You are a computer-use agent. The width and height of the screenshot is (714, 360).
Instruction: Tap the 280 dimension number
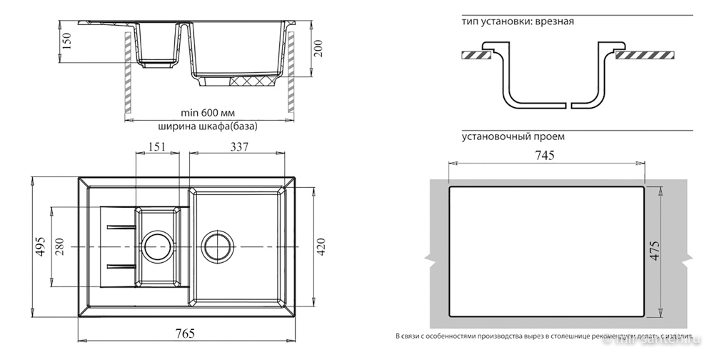point(59,246)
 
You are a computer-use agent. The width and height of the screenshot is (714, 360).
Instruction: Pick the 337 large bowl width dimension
point(238,147)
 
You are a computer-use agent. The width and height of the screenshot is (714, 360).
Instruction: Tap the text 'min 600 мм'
point(208,114)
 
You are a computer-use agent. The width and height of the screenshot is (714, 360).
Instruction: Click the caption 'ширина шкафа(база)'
point(207,126)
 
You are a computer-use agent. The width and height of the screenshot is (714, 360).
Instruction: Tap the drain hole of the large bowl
point(216,246)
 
